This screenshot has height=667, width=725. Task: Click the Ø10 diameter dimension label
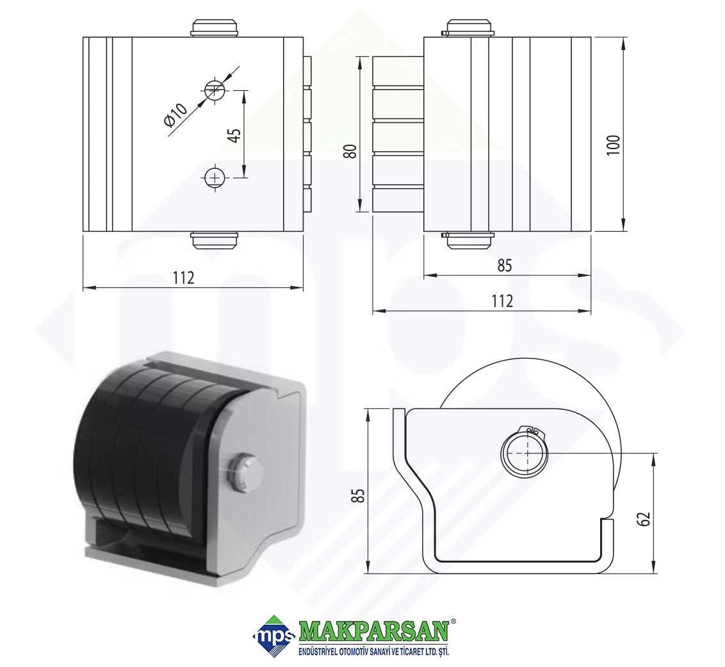(175, 114)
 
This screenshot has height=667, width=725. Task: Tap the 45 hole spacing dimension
(235, 135)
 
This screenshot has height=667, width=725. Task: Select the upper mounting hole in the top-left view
(215, 89)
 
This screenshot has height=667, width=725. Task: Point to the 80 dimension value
(352, 151)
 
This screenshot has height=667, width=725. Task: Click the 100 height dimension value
(613, 145)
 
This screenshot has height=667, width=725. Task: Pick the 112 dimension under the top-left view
(184, 278)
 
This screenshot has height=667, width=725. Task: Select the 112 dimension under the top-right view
(503, 301)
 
